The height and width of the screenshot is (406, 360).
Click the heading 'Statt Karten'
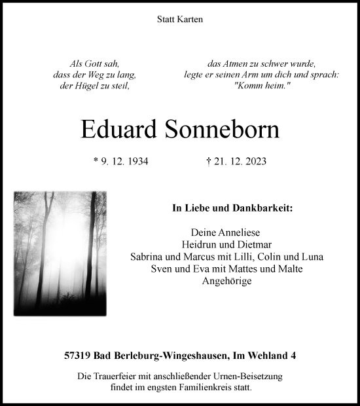coord(180,20)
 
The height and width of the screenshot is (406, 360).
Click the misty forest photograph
coord(60,253)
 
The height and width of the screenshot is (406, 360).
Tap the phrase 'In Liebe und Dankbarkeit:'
coord(232,209)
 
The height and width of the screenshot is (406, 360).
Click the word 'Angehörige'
coord(232,281)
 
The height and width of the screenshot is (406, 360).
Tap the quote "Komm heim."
coord(262,87)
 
